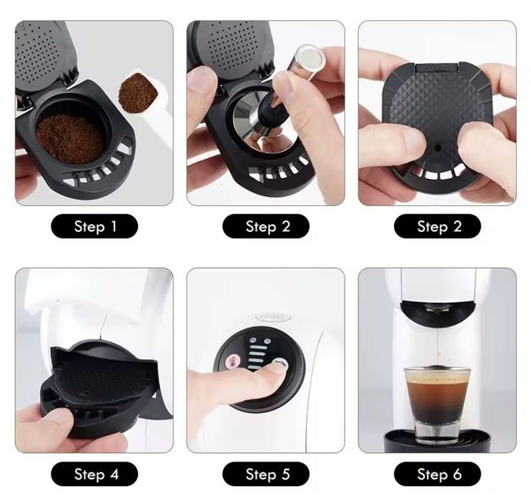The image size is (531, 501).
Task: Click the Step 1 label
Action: coord(94,227)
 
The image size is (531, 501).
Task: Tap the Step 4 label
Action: coord(94,474)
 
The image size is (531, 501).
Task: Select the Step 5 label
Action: coord(266,474)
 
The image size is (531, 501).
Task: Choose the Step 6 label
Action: coord(437,474)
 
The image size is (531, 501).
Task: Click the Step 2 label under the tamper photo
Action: coord(266,227)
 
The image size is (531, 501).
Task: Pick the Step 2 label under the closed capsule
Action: coord(437,227)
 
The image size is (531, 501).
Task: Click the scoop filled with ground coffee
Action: coord(134,92)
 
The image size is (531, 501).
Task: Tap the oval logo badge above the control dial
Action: coord(274,316)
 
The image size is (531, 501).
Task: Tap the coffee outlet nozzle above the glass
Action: coord(437,308)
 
